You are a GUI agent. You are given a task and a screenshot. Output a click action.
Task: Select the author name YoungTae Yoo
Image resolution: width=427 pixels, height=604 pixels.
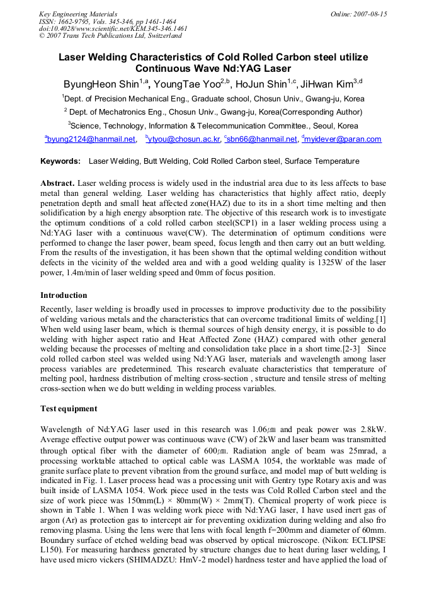(190, 84)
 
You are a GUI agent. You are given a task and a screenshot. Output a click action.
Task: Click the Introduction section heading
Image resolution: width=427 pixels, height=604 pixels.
(64, 295)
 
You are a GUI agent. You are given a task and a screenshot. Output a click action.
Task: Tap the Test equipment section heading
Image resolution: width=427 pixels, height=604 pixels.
(69, 409)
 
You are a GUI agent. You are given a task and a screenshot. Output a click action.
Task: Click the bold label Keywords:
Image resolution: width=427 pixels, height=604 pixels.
(60, 161)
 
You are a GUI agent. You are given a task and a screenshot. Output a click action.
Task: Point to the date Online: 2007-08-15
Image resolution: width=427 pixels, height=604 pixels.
(358, 13)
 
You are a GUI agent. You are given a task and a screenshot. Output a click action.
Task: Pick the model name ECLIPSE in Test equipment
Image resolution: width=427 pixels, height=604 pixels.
(365, 540)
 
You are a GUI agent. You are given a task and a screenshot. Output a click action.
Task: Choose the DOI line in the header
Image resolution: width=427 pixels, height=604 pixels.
(113, 28)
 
